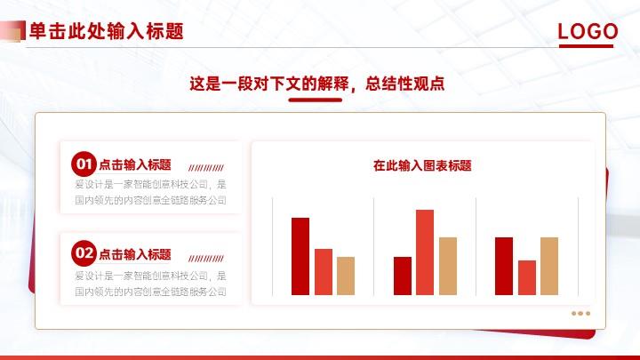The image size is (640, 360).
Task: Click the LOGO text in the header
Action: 588,31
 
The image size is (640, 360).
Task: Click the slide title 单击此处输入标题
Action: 107,31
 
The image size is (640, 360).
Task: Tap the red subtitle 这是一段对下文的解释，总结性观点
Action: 316,84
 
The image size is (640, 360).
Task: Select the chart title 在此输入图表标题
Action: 422,165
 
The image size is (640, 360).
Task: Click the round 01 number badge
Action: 84,164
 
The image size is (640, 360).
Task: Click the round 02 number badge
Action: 84,253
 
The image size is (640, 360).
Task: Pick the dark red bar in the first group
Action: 300,256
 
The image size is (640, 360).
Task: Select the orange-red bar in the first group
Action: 324,272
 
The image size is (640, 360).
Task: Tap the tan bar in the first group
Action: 346,276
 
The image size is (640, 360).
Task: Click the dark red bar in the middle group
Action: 403,276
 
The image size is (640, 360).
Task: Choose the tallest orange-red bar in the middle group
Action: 425,252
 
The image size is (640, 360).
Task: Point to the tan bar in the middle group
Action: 448,266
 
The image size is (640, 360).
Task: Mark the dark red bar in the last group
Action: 504,266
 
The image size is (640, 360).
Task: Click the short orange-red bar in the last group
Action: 527,277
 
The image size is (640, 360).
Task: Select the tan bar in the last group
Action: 549,266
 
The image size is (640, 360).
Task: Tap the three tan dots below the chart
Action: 580,314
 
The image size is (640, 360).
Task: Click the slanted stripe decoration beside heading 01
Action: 206,168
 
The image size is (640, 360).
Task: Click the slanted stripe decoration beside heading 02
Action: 206,259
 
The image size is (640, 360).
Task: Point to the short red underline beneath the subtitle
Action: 315,100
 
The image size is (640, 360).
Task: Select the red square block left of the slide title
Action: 12,31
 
